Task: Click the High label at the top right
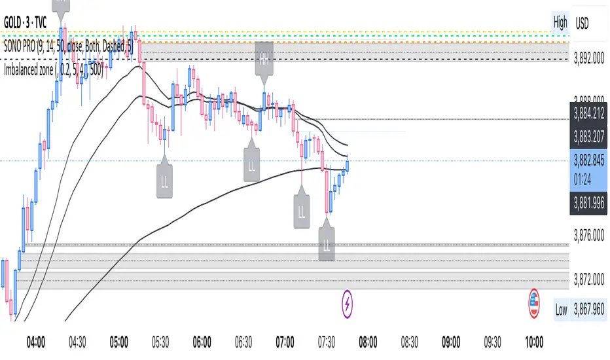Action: click(x=560, y=22)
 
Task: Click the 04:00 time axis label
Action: click(x=35, y=342)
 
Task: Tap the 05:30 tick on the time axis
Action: click(x=160, y=342)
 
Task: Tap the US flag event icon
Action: click(x=535, y=302)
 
